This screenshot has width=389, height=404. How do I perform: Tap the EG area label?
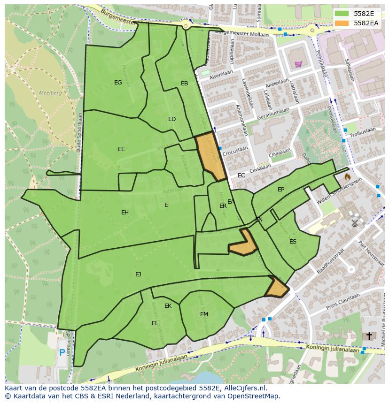coord(118,83)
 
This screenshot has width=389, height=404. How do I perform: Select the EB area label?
coord(184,84)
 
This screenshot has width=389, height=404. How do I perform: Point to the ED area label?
coord(172,119)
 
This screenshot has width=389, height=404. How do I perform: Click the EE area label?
coord(121,149)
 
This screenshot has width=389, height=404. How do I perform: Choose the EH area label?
coord(125,213)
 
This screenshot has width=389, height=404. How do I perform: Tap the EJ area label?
coord(138,274)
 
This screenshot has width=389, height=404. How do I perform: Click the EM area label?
coord(204,314)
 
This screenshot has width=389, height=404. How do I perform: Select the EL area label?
coord(155,323)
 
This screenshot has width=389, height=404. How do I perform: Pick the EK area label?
coord(168,306)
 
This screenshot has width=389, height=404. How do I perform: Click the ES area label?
coord(293,242)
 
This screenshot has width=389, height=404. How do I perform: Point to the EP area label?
coord(281,190)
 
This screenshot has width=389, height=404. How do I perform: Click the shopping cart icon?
coord(298,64)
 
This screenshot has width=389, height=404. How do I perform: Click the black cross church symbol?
coord(369,336)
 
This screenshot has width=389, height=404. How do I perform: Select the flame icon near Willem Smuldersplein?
coord(347,177)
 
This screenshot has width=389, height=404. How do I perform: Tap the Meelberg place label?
coord(50,93)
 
